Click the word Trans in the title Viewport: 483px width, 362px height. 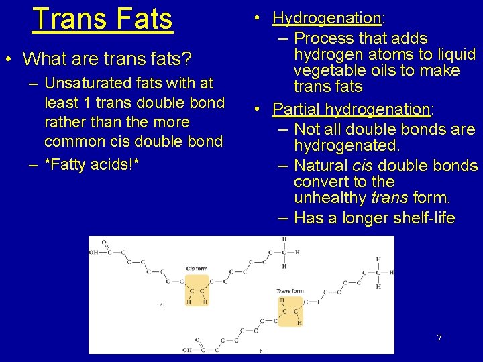click(66, 19)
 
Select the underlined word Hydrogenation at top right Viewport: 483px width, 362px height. click(327, 18)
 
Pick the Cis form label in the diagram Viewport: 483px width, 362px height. click(197, 268)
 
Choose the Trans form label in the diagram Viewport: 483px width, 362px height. click(290, 292)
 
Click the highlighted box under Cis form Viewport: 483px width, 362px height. click(197, 290)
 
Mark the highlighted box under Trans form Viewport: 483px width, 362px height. click(290, 312)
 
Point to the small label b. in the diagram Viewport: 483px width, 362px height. click(261, 351)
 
